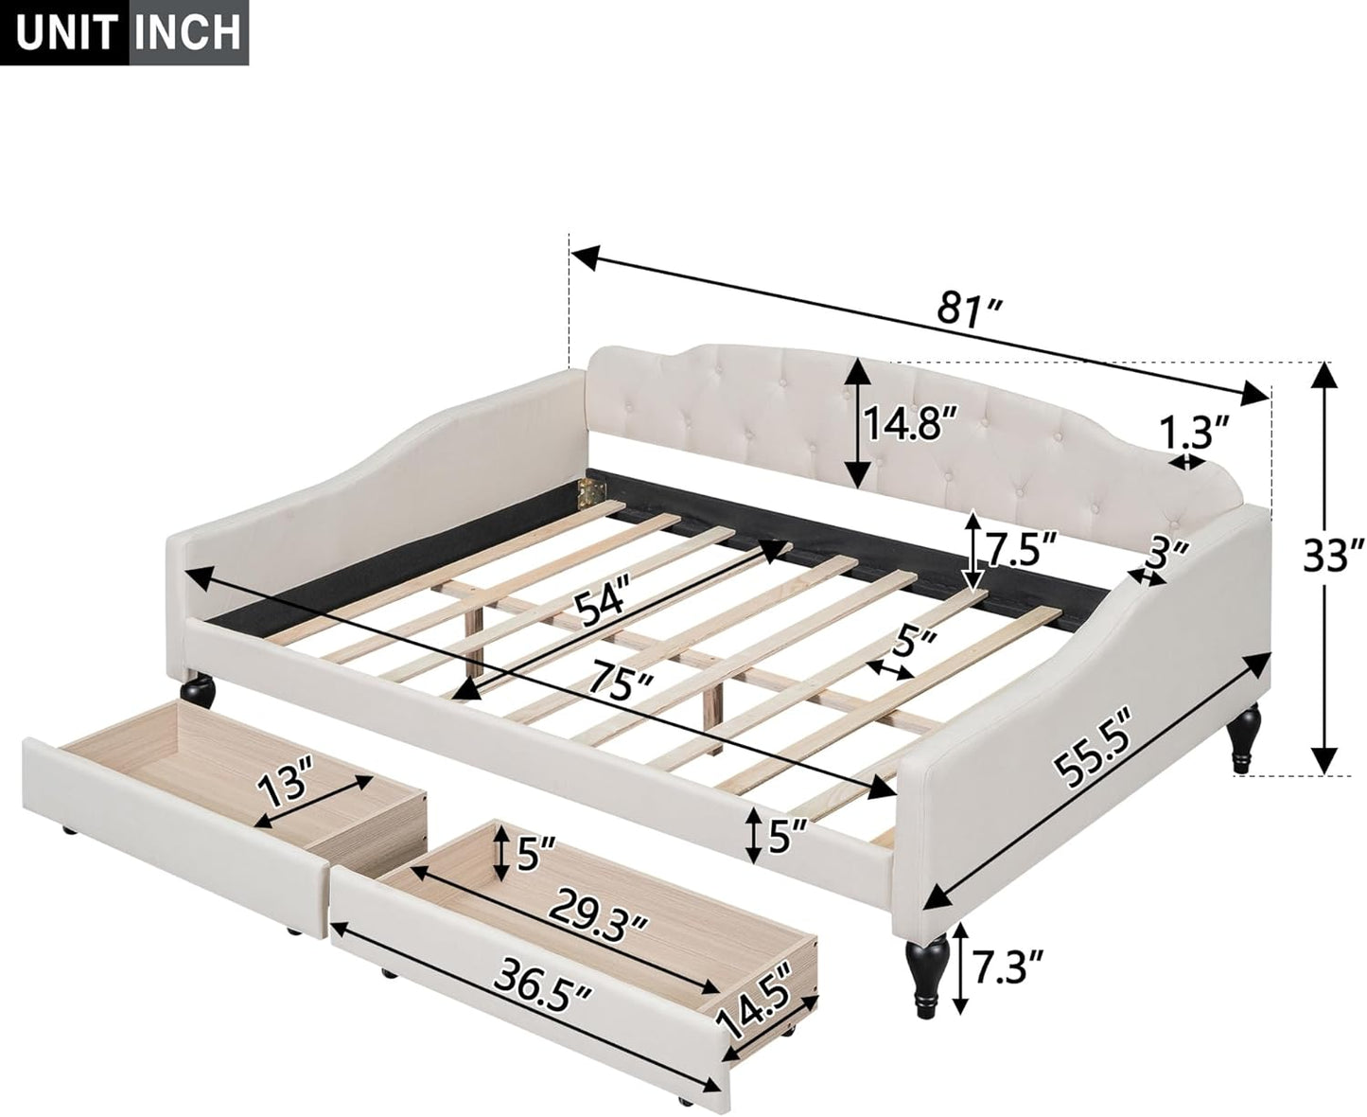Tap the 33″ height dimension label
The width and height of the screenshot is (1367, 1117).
(x=1333, y=556)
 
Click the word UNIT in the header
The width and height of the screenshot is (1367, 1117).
(x=67, y=32)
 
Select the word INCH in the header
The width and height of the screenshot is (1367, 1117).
(x=188, y=32)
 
